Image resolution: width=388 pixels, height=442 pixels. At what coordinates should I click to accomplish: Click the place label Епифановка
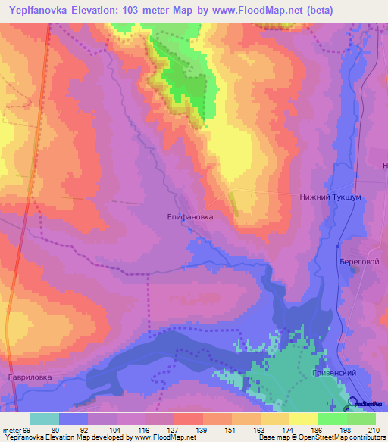190,216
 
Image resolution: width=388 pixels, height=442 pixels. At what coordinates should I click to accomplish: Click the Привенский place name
332,374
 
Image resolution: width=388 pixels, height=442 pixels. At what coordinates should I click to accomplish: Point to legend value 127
173,429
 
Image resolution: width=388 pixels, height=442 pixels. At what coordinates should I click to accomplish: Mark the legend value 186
317,429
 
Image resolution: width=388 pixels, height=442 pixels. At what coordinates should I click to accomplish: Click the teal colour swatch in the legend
45,418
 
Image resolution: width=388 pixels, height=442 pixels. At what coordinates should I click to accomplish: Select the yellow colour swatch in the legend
304,418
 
